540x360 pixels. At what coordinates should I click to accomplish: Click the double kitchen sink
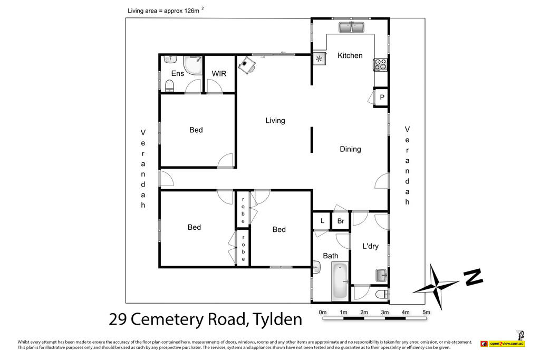coord(351,27)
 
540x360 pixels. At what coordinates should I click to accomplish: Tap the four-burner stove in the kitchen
coord(381,64)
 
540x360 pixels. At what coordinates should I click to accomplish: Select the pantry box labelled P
coord(381,98)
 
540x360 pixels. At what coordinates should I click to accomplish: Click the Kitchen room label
coord(350,55)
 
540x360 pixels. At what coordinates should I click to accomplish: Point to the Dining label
coord(350,149)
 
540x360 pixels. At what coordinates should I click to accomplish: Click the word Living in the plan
coord(275,121)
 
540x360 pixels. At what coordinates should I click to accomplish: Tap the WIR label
coord(219,74)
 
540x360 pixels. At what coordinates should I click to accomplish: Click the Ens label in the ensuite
coord(178,73)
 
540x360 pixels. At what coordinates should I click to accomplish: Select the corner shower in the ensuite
coord(193,65)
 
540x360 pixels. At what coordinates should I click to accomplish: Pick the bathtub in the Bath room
coord(340,281)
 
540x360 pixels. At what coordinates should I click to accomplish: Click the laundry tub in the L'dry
coord(381,275)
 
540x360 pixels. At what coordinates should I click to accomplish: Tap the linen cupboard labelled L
coord(322,221)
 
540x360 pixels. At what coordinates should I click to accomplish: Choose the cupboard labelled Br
coord(341,221)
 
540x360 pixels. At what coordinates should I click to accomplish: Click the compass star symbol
coord(436,286)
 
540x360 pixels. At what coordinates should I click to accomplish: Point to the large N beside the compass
coord(473,277)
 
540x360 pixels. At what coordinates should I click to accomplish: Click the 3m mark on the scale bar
coord(384,312)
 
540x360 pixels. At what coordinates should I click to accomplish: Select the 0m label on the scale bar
coord(323,312)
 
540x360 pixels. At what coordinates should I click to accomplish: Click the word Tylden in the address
coord(277,319)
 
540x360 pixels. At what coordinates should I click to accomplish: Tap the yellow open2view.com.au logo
coord(507,344)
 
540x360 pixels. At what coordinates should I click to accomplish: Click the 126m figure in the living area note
coord(192,11)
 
